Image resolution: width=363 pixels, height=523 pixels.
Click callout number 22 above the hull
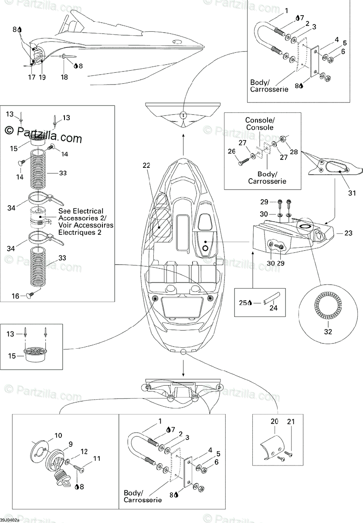point(146,165)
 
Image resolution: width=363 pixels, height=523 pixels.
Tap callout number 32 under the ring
point(328,332)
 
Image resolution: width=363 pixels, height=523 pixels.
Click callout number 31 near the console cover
point(352,193)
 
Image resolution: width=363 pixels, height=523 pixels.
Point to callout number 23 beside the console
point(349,233)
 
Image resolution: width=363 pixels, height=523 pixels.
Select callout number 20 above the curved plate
point(275,421)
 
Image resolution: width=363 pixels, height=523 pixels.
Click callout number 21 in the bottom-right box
point(291,422)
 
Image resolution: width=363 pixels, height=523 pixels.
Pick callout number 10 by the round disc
point(58,435)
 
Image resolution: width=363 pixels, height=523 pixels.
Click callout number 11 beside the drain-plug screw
point(97,458)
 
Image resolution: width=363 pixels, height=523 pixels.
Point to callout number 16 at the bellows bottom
point(15,296)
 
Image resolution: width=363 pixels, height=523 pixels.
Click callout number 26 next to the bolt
point(231,151)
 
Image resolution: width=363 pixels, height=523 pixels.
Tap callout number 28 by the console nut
point(294,152)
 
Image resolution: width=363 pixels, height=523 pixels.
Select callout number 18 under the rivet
point(64,77)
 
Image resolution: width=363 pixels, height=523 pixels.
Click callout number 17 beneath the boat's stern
point(32,77)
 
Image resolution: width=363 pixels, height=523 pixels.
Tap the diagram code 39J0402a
point(10,520)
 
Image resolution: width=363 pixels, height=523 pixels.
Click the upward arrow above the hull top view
point(183,145)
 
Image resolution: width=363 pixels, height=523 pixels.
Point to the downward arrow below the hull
point(183,368)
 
